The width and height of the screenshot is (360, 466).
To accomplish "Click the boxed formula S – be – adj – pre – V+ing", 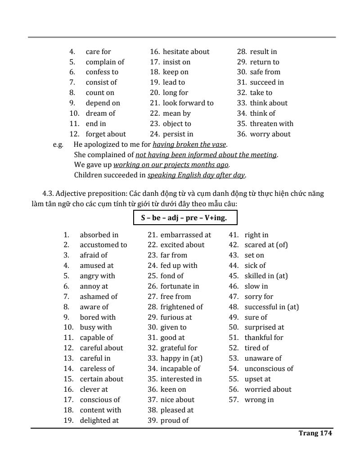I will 185,218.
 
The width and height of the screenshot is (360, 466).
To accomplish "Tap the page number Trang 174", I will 315,433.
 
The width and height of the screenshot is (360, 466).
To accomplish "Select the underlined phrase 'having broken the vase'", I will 189,145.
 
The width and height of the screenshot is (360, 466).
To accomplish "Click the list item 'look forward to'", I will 188,103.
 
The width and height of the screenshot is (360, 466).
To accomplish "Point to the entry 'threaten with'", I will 271,124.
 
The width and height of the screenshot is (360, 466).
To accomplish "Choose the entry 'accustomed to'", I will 103,245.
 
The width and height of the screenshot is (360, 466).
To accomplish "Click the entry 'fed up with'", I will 179,266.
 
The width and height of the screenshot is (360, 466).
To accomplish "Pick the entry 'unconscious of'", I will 269,369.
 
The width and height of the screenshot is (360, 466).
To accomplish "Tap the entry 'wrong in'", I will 259,400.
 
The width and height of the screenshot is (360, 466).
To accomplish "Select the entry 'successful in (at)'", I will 271,307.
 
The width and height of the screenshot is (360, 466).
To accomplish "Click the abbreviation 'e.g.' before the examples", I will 58,145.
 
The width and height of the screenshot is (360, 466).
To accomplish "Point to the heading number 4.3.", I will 48,194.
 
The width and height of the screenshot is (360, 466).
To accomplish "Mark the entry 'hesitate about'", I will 186,52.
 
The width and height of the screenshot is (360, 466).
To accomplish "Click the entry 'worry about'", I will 270,134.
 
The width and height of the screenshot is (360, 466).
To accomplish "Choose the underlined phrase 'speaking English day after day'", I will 197,175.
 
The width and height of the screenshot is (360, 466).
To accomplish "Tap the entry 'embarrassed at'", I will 185,235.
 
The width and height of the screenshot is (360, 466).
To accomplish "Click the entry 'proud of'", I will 174,421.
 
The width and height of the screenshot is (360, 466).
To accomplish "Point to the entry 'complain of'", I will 105,62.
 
